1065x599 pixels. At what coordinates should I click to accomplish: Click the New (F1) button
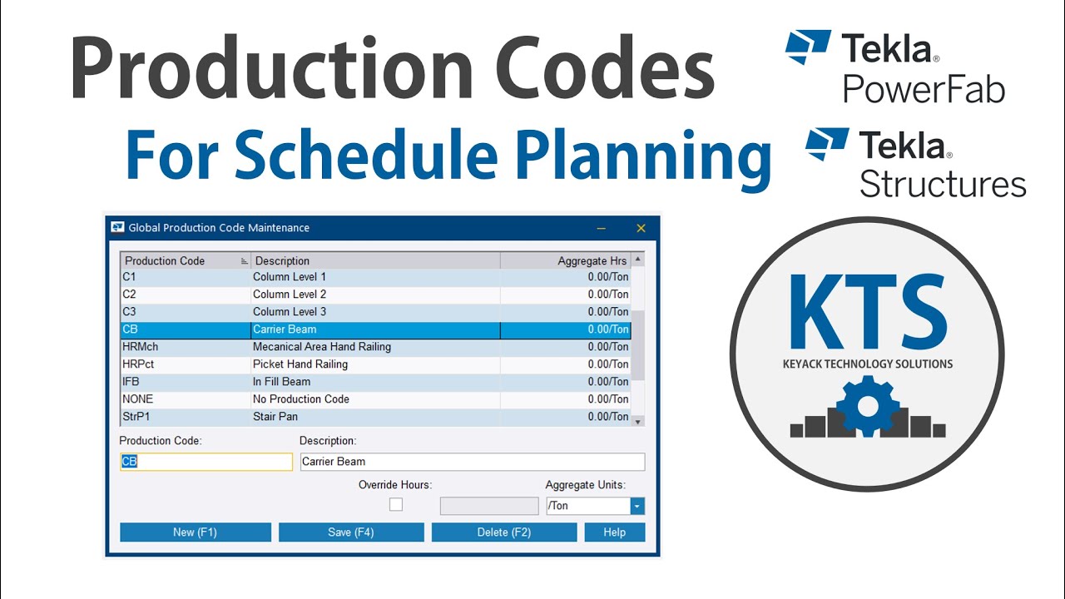(x=196, y=532)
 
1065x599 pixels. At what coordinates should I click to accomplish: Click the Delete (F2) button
(x=503, y=532)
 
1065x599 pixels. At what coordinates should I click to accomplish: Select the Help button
(x=614, y=532)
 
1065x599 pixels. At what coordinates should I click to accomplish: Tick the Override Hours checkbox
(x=396, y=504)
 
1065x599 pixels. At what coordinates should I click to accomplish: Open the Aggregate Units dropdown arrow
(x=637, y=506)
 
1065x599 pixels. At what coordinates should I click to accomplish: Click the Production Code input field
(x=206, y=462)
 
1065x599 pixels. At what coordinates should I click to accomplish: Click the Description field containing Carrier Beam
(x=472, y=462)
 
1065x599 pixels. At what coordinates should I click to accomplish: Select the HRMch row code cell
(x=185, y=347)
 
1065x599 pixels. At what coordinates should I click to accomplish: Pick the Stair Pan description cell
(x=374, y=417)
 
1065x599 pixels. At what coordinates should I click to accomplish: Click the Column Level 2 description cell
(x=374, y=295)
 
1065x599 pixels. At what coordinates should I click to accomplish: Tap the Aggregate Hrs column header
(x=566, y=260)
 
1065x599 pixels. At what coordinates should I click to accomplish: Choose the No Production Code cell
(x=374, y=399)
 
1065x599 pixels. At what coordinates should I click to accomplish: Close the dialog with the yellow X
(x=641, y=228)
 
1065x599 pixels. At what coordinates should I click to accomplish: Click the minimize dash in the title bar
(x=601, y=228)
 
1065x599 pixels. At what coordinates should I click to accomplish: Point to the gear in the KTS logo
(x=868, y=405)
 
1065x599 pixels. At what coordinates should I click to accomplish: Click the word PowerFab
(x=924, y=89)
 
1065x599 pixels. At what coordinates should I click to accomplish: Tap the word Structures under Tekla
(x=943, y=183)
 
